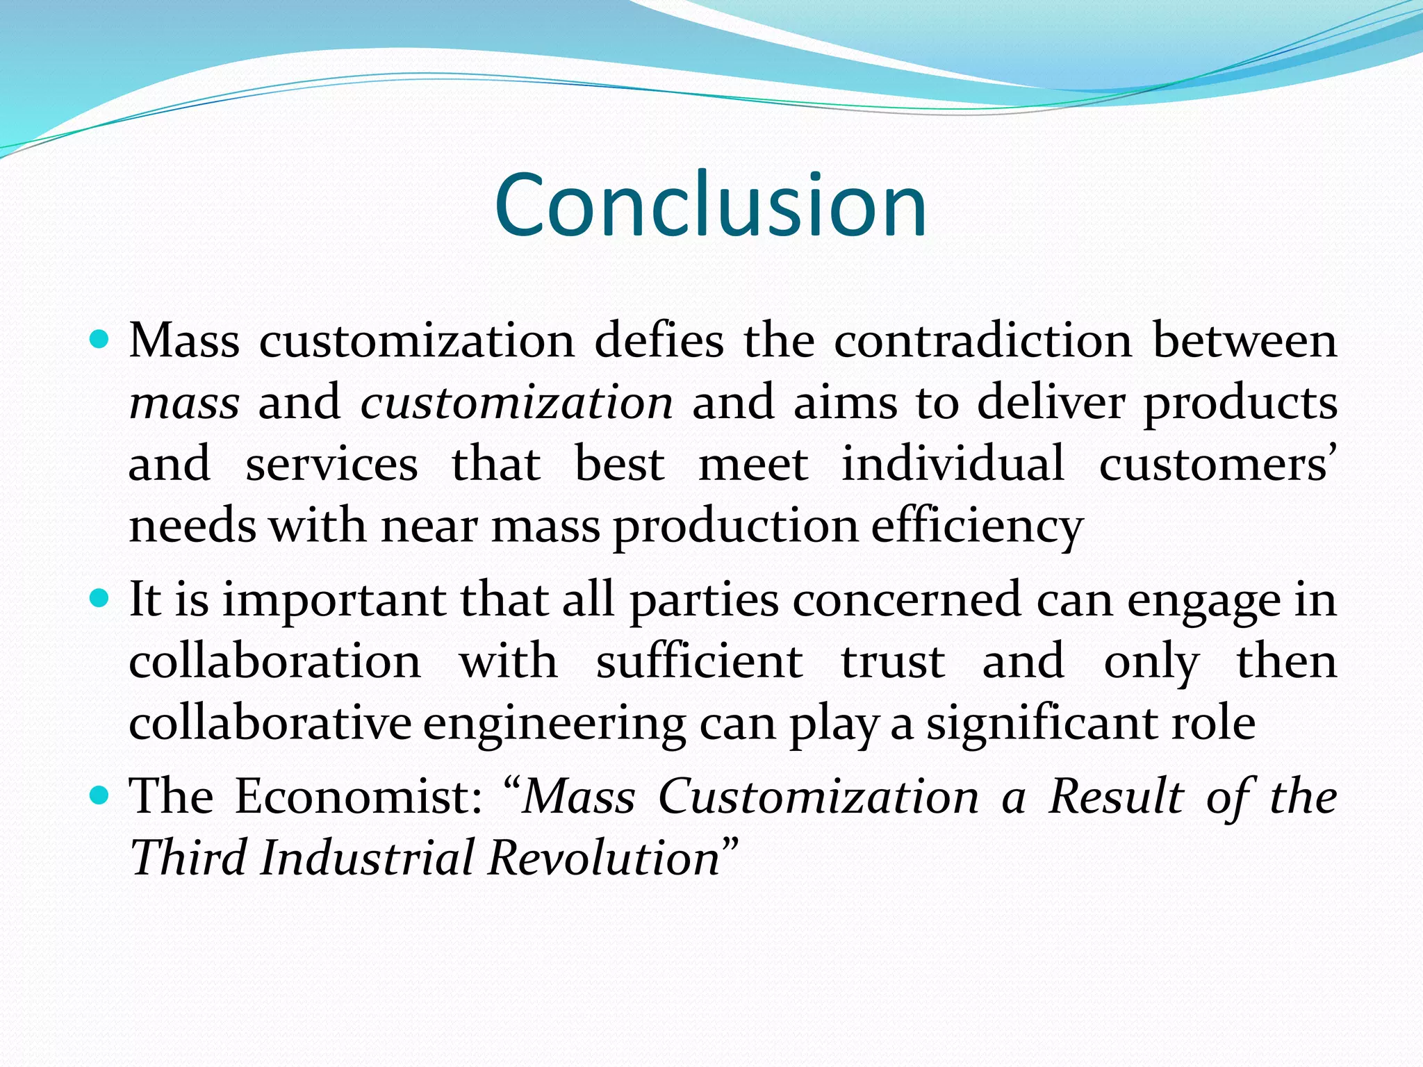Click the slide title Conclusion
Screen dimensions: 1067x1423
pos(710,206)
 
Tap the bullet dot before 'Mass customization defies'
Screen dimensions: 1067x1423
pos(100,340)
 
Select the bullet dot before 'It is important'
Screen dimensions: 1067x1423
pos(100,597)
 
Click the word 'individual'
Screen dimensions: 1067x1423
pos(953,463)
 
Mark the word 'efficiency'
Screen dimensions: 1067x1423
pos(977,527)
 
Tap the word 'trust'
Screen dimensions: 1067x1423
pos(893,662)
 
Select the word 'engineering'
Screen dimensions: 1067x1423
pos(554,725)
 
